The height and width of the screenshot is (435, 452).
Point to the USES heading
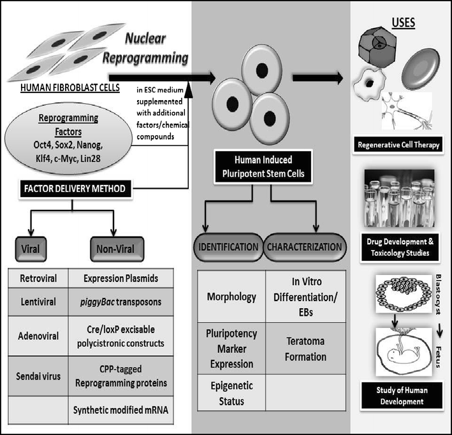pos(402,24)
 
